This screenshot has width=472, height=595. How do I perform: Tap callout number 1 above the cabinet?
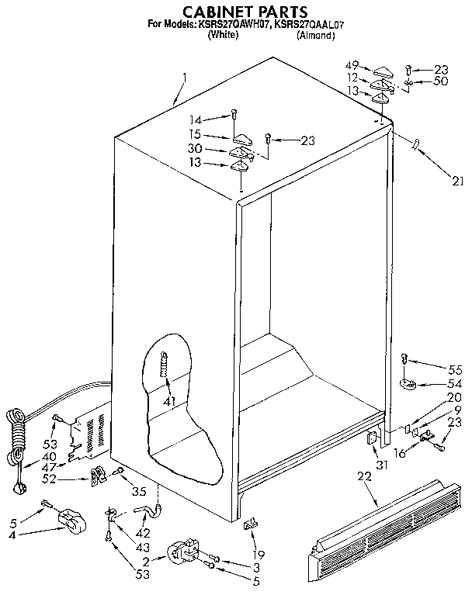(185, 78)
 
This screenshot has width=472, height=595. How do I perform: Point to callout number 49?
(352, 65)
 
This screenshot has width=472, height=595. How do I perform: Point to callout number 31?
(381, 464)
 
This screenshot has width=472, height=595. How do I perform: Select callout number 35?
(141, 490)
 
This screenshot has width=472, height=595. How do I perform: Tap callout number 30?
(196, 150)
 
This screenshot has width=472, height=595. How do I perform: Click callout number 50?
(441, 80)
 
